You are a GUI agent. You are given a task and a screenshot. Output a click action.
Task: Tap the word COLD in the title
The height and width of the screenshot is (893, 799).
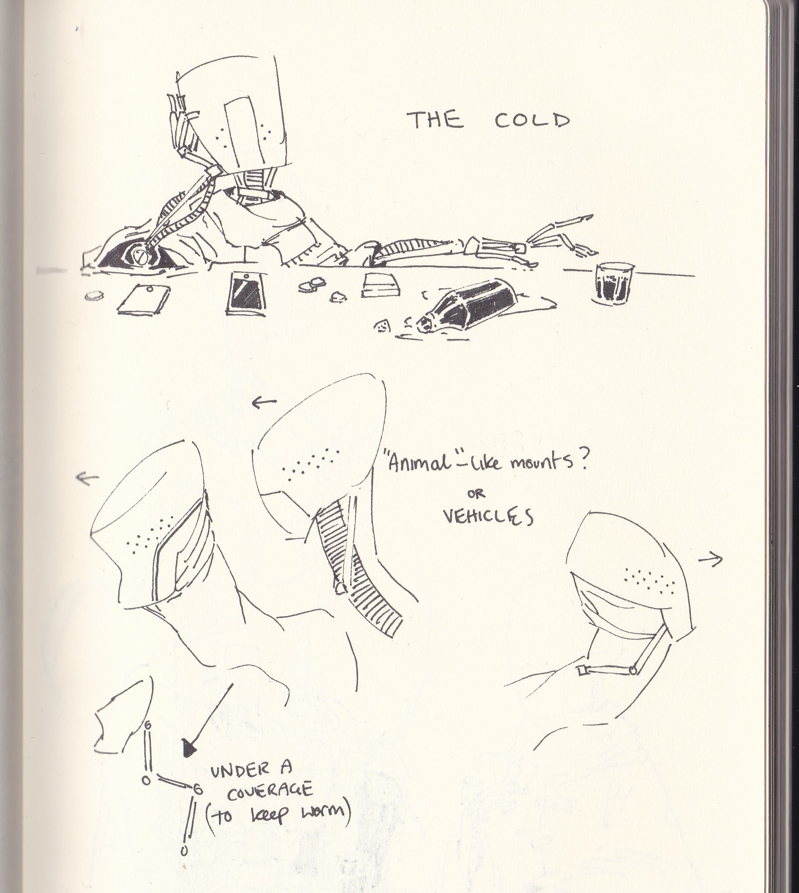coord(532,120)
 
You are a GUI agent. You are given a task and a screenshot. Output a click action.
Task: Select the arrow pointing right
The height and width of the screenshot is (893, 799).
coord(710,559)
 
